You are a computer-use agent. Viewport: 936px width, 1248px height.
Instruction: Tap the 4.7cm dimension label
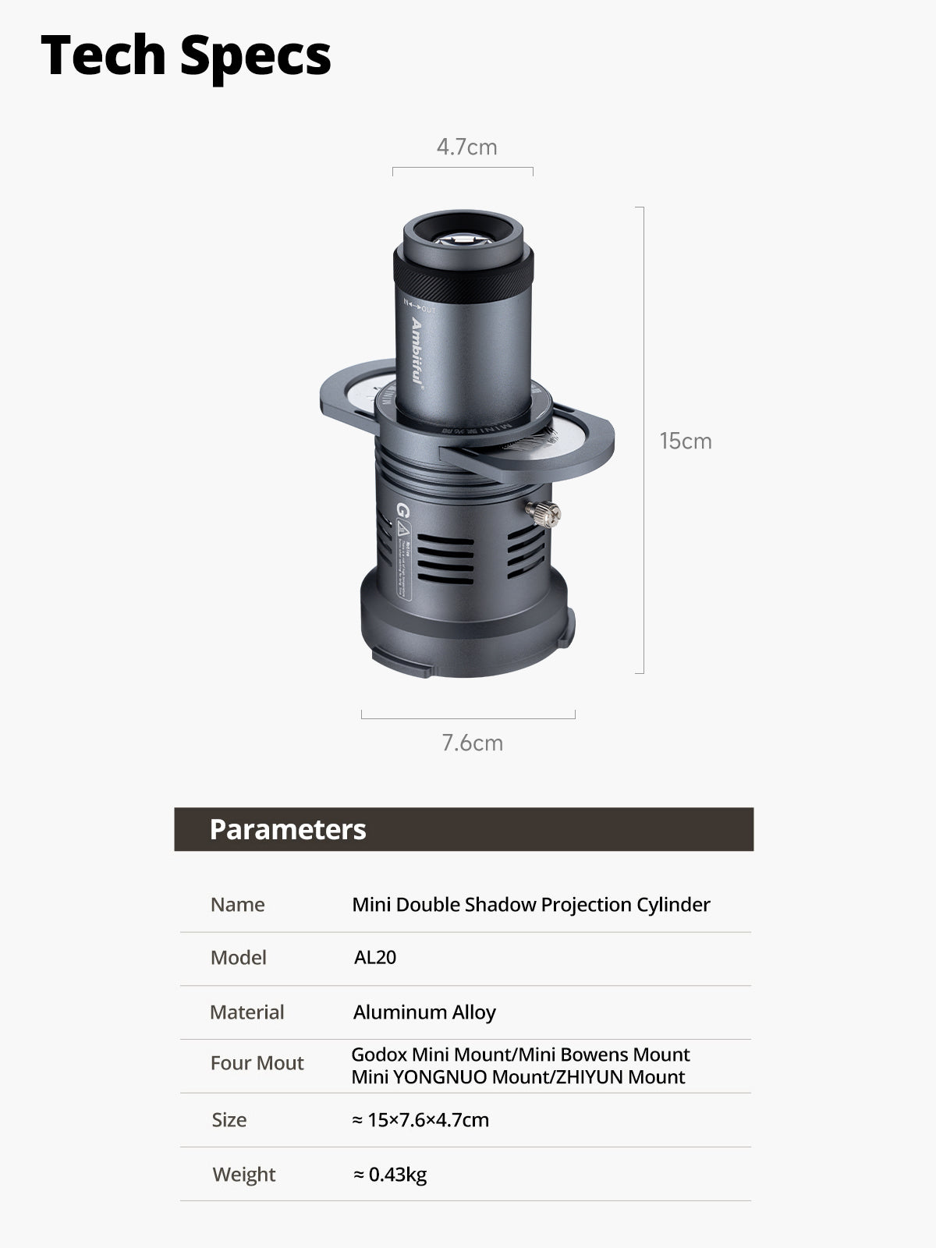[466, 147]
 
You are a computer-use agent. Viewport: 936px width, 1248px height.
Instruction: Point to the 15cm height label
[686, 441]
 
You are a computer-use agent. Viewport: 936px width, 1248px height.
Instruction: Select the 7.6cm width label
[472, 743]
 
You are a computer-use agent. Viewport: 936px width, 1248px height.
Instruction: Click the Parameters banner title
[288, 830]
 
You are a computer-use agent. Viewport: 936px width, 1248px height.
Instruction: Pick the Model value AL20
[375, 958]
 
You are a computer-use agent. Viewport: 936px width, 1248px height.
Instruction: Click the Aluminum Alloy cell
[424, 1012]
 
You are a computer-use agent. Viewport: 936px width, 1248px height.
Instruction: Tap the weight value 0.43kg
[390, 1174]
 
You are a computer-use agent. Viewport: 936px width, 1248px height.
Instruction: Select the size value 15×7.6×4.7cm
[420, 1120]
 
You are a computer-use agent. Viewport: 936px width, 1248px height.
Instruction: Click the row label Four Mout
[257, 1062]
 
